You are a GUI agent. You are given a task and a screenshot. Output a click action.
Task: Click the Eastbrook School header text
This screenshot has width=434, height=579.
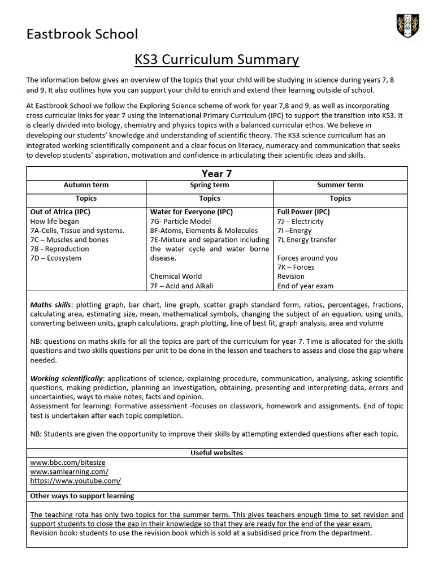[82, 34]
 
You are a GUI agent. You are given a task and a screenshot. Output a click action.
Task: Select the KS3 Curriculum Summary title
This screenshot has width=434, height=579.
[216, 59]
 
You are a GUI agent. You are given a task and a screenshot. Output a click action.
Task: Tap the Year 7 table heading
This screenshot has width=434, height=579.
[216, 173]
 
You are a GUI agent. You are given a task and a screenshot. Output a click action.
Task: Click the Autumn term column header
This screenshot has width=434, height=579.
[86, 185]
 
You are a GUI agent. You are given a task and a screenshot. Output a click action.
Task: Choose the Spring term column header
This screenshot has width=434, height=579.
[209, 185]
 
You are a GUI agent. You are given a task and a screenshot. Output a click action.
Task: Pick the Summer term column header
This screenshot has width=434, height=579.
[340, 185]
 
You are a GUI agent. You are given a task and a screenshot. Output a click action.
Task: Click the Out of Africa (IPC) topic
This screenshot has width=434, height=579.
[60, 212]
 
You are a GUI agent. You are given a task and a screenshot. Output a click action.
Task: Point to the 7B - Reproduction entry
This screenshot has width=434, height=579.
[59, 249]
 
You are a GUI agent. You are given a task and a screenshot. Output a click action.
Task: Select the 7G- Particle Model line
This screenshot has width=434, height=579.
[180, 221]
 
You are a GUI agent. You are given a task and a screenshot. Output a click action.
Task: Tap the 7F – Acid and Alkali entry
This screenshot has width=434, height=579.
[181, 286]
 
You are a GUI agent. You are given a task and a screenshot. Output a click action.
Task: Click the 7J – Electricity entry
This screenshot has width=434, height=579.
[300, 221]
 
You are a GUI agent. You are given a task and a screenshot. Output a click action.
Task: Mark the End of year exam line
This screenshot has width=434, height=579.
[305, 286]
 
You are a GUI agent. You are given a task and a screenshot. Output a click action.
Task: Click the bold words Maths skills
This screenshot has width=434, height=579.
[51, 305]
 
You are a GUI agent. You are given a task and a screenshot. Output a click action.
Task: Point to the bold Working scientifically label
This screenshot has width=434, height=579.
[67, 378]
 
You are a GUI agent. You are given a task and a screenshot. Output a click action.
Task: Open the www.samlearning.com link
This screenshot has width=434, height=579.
[69, 471]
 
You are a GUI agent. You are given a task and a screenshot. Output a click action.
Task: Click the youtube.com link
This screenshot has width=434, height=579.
[75, 481]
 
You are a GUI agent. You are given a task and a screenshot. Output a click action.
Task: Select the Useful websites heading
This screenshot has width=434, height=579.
[216, 453]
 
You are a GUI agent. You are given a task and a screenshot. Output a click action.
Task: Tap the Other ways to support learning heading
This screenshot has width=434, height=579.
[82, 496]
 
